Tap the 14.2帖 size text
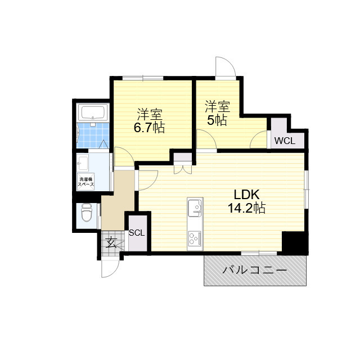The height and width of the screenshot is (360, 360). pos(246,209)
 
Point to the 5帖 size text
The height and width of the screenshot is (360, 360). pos(217,120)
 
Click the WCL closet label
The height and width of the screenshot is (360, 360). pos(285,140)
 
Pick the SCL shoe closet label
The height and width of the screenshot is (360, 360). pos(137,232)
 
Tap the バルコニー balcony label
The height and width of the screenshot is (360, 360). pos(255,270)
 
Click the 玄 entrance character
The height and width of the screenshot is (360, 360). pos(111,243)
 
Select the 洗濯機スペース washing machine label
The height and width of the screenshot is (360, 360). pos(85,182)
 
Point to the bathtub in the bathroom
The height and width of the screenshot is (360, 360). pos(92,112)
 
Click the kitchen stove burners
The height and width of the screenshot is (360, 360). pos(195,238)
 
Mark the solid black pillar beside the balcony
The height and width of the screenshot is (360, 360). pos(294,242)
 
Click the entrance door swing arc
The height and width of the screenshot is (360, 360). pos(110,268)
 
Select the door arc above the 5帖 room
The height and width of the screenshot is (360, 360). pos(225,67)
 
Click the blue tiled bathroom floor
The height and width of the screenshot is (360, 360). pos(91,136)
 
